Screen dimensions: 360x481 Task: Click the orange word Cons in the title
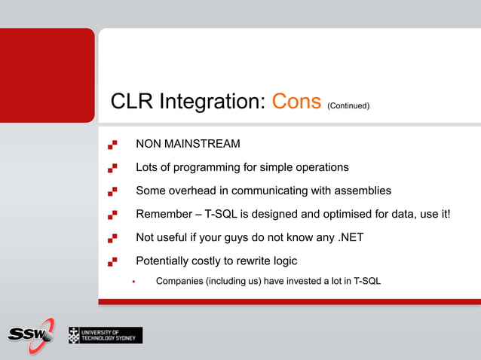point(296,102)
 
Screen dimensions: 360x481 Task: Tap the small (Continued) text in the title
point(348,106)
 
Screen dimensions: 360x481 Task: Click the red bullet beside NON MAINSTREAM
point(113,143)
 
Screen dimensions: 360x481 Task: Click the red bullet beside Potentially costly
point(113,261)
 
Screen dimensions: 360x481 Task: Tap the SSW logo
point(30,334)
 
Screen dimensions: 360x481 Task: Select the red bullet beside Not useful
point(113,238)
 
